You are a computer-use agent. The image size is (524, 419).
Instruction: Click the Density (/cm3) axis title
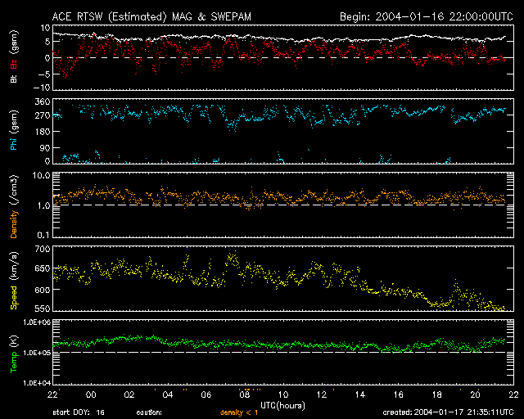14,209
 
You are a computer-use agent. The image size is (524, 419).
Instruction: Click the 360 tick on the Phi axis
41,101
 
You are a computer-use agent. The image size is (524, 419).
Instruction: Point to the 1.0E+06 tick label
35,322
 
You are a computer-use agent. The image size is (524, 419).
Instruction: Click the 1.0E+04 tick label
35,383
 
